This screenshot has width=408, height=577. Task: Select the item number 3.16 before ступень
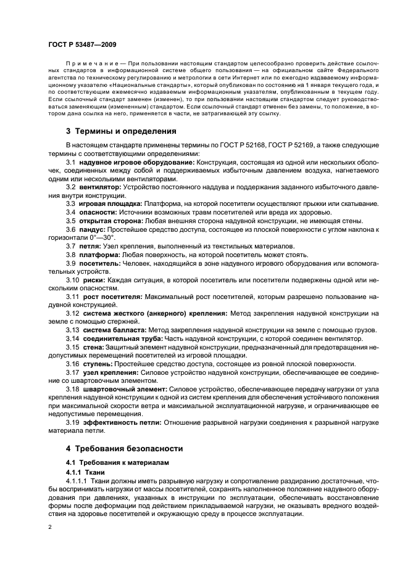point(72,364)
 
